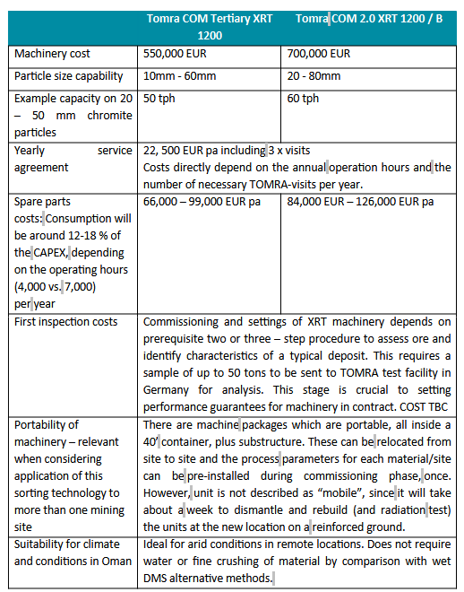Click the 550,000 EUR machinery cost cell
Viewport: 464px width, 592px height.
173,54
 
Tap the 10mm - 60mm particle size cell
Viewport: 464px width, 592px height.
179,76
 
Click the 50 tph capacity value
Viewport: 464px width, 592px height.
158,99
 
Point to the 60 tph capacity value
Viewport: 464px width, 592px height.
303,99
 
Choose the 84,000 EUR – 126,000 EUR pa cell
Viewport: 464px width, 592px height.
357,202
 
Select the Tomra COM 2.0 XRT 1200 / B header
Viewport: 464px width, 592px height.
369,19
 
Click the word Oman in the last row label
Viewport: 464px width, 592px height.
113,562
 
